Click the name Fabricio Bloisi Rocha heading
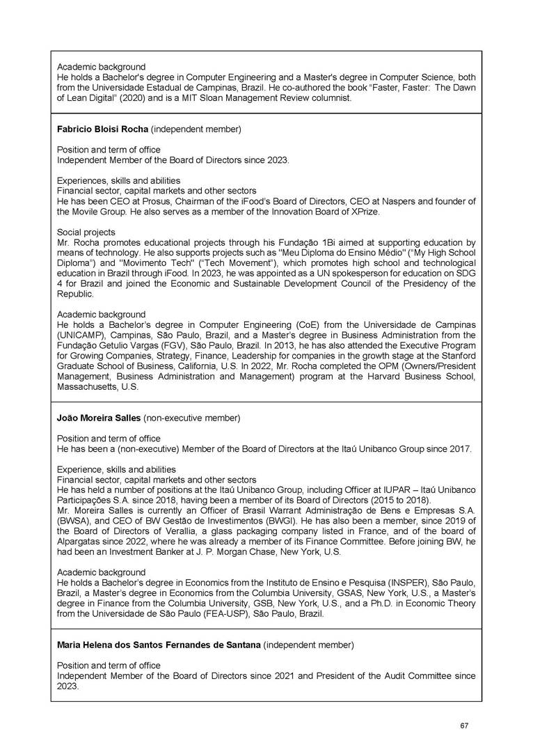(102, 129)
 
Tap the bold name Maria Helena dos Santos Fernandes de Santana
(158, 645)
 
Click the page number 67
(464, 726)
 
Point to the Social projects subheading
(86, 232)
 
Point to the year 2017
(459, 449)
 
